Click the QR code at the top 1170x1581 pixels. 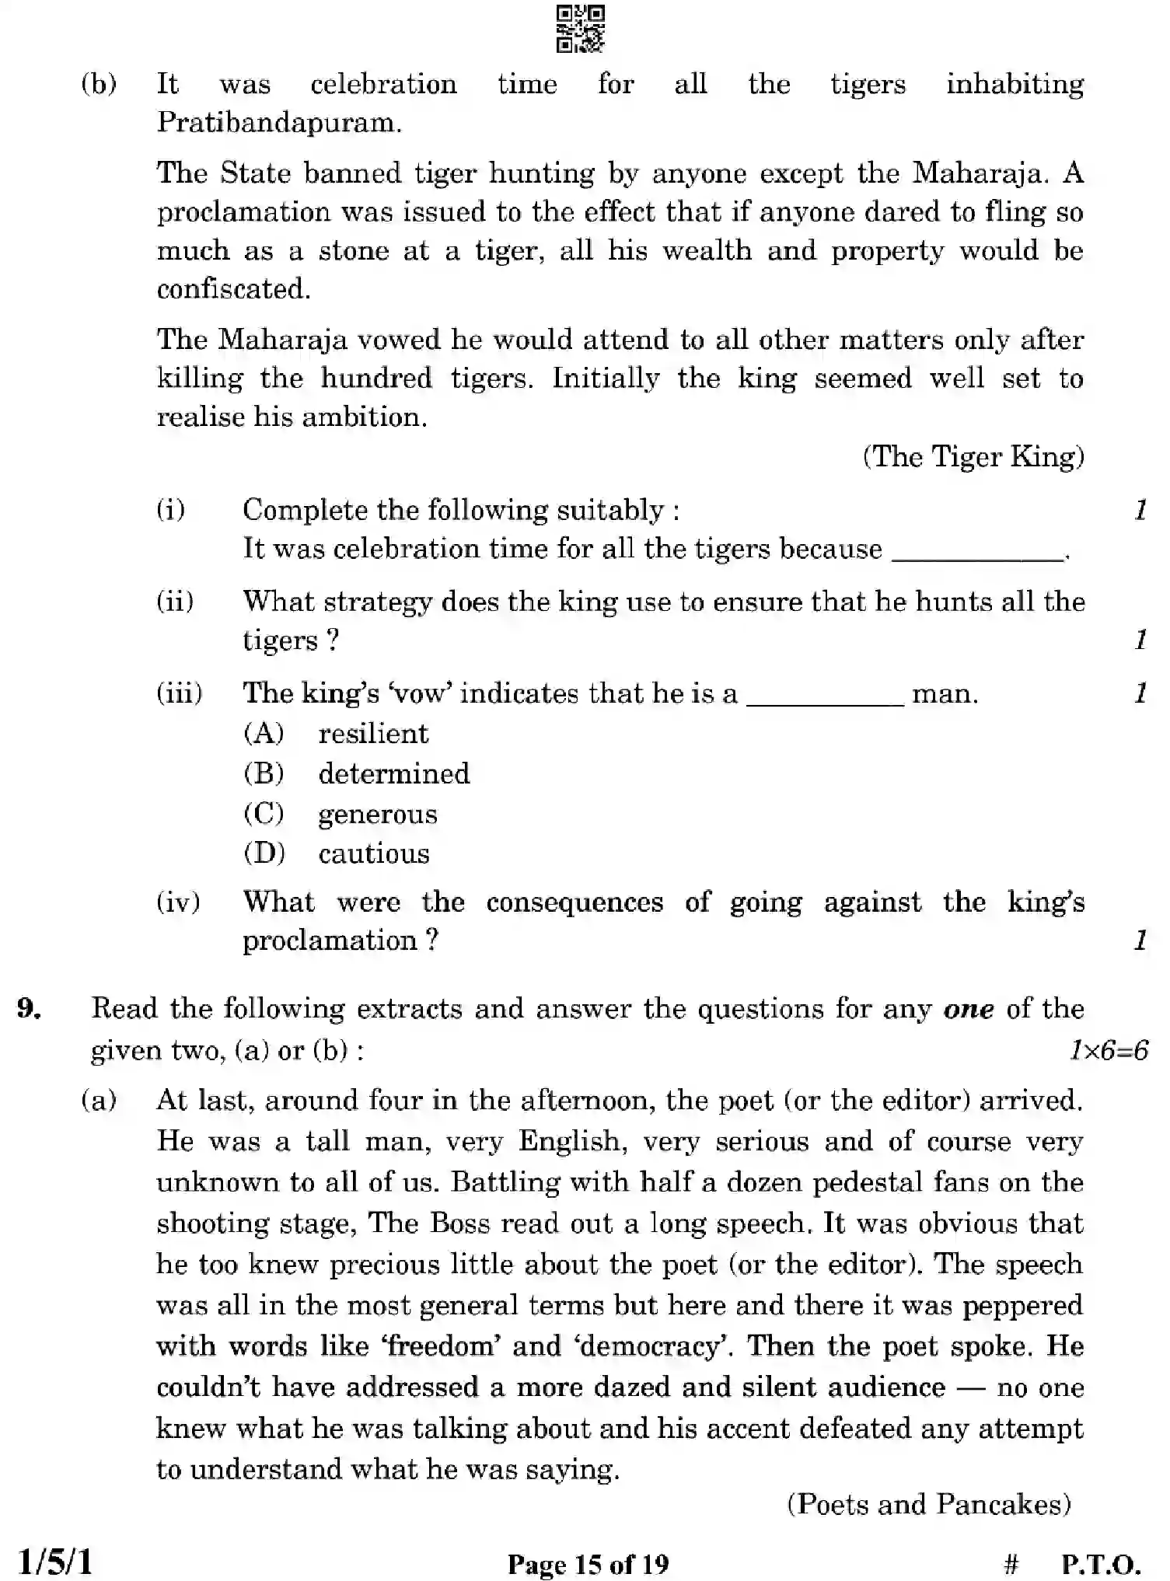581,30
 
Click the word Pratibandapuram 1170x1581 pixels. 279,123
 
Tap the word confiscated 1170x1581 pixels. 233,289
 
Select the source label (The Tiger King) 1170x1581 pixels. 973,457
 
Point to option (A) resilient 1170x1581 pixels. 373,734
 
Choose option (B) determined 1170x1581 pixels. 393,774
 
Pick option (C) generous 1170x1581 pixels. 377,815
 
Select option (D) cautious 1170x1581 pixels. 373,854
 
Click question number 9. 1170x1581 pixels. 29,1009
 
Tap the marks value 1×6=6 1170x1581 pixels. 1108,1051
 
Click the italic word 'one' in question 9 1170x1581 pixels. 968,1009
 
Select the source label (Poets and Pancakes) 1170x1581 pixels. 929,1504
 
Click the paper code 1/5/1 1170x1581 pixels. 54,1561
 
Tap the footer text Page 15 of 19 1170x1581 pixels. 588,1563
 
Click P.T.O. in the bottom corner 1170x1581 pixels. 1101,1563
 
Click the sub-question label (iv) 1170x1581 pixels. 178,902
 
